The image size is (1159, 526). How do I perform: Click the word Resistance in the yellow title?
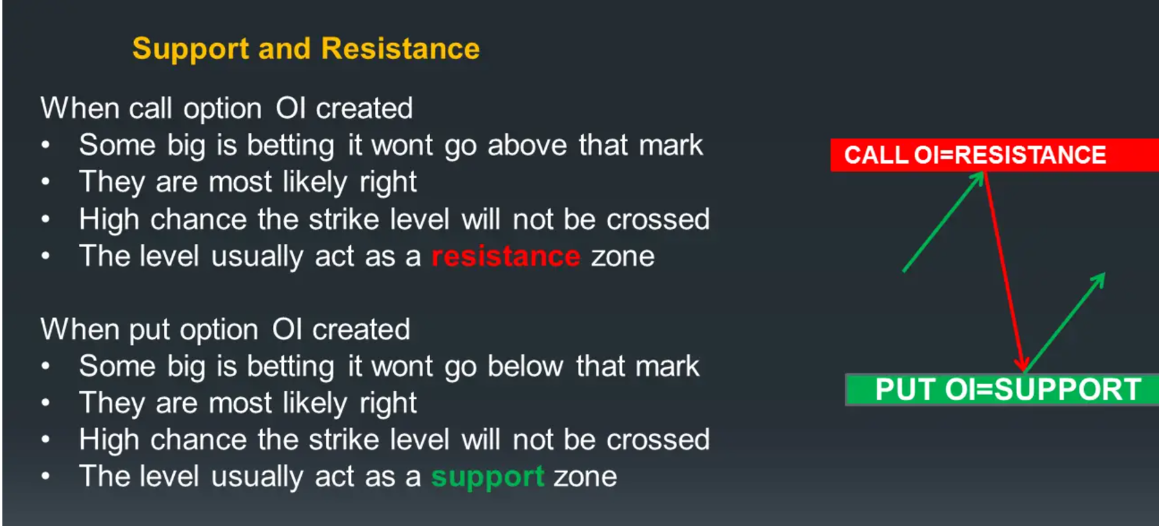401,48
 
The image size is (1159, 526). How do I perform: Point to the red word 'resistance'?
506,257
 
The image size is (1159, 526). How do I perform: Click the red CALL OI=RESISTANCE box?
995,155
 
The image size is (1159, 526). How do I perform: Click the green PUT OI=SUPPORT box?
1002,390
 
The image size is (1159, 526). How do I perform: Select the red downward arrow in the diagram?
1004,272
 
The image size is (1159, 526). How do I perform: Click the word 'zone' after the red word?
623,257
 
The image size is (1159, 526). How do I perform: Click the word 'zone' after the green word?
585,478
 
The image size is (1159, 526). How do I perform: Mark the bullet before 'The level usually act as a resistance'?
45,256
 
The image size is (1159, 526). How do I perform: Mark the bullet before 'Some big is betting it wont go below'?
45,367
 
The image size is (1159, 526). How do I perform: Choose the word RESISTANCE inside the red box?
1031,155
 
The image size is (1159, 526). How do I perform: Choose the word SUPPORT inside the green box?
1069,390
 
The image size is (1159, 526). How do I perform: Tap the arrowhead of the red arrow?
1022,364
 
